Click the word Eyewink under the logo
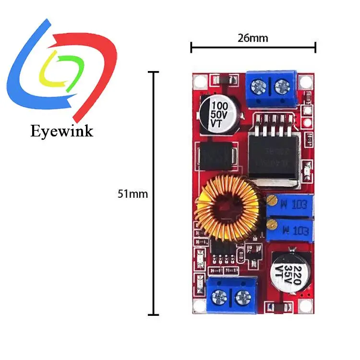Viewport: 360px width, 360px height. [x=61, y=131]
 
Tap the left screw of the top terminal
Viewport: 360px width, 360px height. [x=258, y=87]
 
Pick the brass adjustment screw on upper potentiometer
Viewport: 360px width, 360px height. [x=272, y=200]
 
